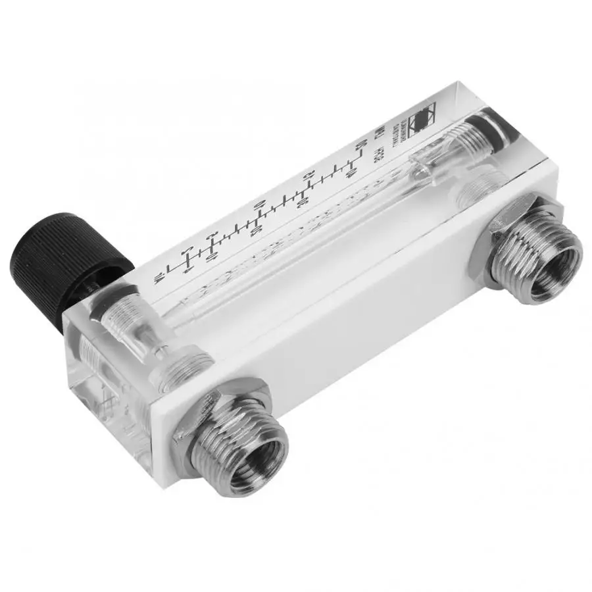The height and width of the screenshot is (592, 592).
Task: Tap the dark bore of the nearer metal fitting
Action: [x=258, y=461]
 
